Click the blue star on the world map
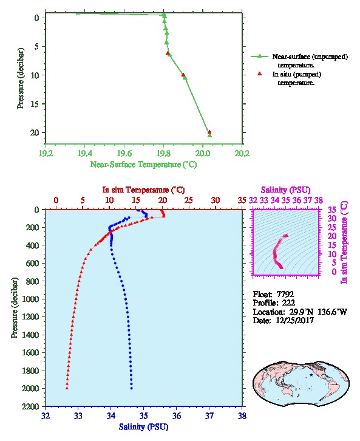coord(311,375)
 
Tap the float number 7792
coord(285,294)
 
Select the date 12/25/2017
coord(294,320)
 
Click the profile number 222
coord(288,303)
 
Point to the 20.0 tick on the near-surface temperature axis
coord(203,153)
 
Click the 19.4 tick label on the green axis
coord(84,153)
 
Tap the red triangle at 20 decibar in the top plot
coord(209,132)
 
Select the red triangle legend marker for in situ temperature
coord(260,74)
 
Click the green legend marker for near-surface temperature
coord(259,56)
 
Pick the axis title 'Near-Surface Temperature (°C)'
coord(143,165)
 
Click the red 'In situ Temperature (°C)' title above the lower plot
coord(143,190)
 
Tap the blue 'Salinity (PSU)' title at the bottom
coord(143,427)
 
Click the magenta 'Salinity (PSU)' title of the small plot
coord(285,190)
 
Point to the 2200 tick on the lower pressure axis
coord(30,406)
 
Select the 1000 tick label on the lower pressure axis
coord(30,299)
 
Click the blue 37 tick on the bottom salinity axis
coord(209,415)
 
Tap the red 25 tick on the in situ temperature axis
coord(189,200)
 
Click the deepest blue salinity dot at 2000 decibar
coord(132,388)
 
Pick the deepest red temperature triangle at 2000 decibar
coord(67,388)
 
